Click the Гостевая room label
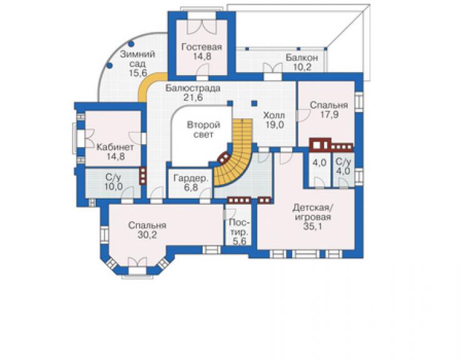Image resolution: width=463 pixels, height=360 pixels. [201, 47]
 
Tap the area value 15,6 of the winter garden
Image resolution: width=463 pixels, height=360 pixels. [138, 73]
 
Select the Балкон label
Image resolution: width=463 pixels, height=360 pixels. [302, 58]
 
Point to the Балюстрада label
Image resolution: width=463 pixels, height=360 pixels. [193, 88]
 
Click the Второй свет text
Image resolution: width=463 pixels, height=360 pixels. [204, 130]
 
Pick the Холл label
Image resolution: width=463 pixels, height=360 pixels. [274, 115]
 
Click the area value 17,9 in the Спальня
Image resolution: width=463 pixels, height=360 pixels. [330, 115]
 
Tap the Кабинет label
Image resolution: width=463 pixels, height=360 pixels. [115, 147]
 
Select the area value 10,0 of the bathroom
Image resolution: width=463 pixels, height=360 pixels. [114, 187]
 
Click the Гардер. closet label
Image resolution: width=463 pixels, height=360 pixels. [191, 178]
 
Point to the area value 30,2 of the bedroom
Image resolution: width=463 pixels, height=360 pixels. [147, 235]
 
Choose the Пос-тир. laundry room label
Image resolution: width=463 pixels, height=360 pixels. [239, 227]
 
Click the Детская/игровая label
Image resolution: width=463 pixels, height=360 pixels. [313, 212]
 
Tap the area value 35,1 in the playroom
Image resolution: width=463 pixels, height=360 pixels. [312, 227]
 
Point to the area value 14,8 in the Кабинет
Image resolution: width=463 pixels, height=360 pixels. [115, 157]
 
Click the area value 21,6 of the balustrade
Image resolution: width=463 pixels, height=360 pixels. [193, 97]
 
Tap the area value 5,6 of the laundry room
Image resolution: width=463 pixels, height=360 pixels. [239, 241]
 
